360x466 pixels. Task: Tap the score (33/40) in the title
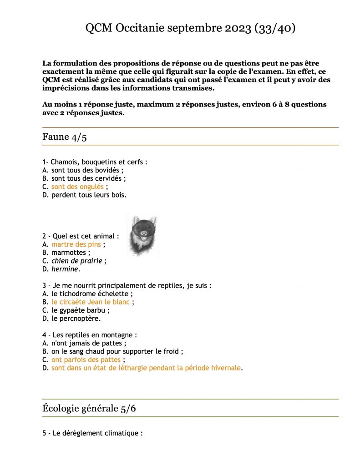tap(275, 28)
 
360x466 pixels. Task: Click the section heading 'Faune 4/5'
tap(65, 137)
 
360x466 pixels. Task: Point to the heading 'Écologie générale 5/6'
tap(89, 408)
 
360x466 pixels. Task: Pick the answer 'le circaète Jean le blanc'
tap(90, 302)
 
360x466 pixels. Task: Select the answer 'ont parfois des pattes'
tap(86, 360)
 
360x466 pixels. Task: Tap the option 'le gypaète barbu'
tap(80, 310)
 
